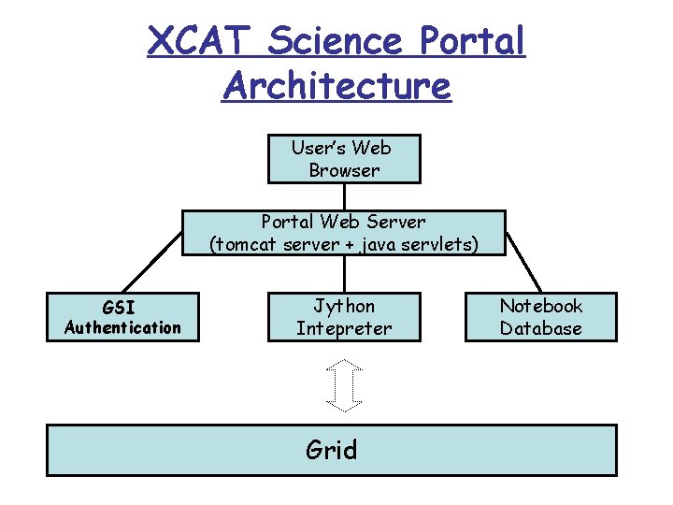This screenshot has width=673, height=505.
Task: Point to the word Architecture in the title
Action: pos(336,86)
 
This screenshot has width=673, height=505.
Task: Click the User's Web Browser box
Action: pos(344,159)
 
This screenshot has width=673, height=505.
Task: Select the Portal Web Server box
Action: pos(344,233)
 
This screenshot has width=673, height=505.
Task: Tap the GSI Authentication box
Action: pos(122,317)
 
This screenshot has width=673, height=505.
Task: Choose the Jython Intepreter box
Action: pos(344,317)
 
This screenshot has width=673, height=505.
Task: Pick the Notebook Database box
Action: pos(540,317)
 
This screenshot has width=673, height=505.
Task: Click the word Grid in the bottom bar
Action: pos(332,450)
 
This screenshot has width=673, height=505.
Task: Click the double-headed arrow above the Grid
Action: pos(344,384)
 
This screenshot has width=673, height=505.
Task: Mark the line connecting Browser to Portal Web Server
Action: pos(344,196)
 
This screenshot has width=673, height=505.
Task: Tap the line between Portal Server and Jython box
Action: pos(344,274)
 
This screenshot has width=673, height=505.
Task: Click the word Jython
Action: pos(344,306)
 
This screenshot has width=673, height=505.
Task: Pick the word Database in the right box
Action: pos(540,328)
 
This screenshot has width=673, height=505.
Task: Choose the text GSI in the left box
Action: pos(119,307)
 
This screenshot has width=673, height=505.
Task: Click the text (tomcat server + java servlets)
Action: pos(344,244)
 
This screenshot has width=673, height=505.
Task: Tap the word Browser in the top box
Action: pos(344,170)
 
